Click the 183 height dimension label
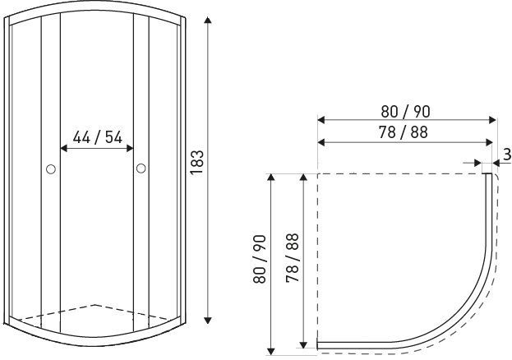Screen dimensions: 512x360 197,163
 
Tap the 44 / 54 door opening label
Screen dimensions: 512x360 97,137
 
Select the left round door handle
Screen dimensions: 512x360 51,168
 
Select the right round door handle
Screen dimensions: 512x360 141,168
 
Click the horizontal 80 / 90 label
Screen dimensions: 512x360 405,112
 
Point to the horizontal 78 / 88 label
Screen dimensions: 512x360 404,132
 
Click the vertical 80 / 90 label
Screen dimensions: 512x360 260,259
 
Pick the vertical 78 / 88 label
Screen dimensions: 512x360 293,258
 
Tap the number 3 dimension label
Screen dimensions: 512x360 507,155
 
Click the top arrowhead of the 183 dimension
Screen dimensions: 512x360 208,20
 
